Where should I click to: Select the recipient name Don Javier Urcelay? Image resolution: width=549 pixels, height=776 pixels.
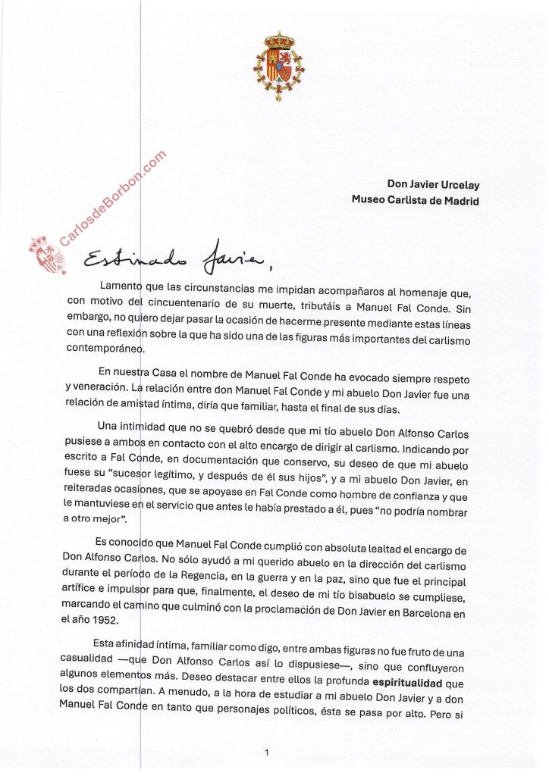coord(433,184)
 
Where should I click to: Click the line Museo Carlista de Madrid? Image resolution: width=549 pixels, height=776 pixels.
coord(415,201)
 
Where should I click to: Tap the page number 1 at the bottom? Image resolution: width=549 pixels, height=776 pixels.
coord(267,753)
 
